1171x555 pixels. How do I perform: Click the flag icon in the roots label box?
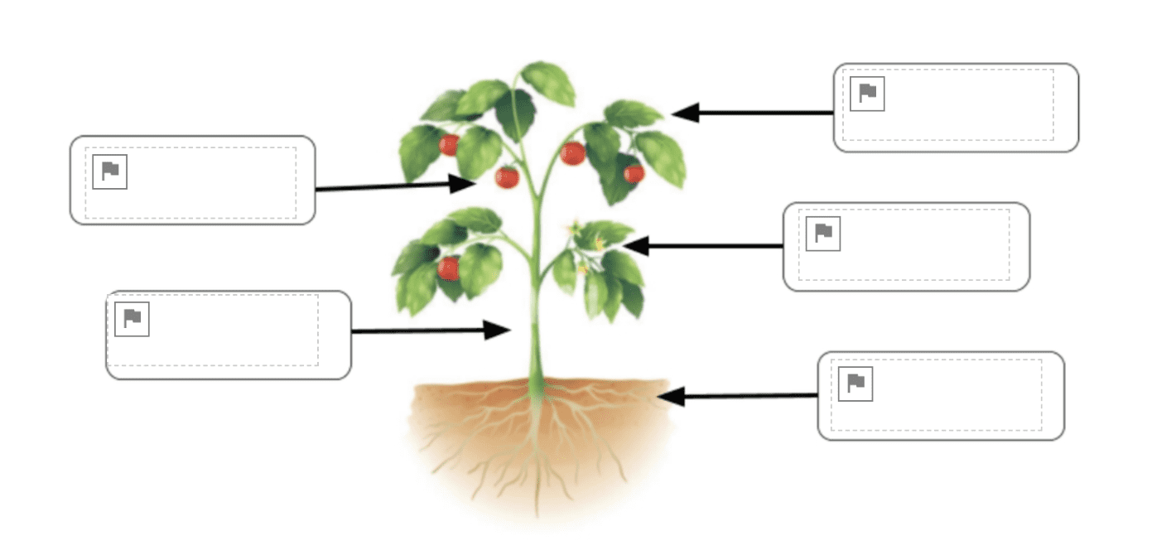point(855,384)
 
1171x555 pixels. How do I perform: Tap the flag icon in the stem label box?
point(132,319)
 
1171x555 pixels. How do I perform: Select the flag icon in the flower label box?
point(823,234)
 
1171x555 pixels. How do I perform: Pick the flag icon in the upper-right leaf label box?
point(867,94)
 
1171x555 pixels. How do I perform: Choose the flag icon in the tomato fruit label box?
point(109,171)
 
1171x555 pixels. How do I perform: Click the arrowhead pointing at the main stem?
point(497,331)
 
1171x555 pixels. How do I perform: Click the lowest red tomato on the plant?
point(448,268)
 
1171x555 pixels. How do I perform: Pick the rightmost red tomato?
point(634,172)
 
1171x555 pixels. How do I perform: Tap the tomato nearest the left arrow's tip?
point(507,176)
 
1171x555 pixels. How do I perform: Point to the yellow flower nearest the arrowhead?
point(599,244)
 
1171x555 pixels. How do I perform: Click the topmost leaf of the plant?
point(548,81)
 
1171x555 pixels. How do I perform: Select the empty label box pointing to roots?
point(940,396)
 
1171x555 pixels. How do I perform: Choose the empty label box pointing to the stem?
point(229,335)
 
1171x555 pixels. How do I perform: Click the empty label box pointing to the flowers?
point(906,247)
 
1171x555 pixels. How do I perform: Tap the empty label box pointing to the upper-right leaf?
point(956,108)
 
